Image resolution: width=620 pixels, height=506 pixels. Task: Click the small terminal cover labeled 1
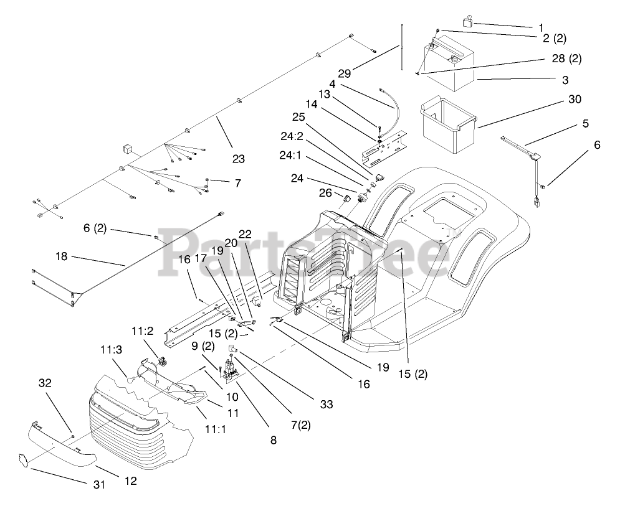467,22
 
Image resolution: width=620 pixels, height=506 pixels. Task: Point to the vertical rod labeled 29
403,49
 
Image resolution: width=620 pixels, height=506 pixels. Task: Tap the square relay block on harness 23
127,149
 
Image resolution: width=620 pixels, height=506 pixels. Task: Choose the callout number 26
325,192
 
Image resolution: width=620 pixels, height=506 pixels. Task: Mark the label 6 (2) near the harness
95,229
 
